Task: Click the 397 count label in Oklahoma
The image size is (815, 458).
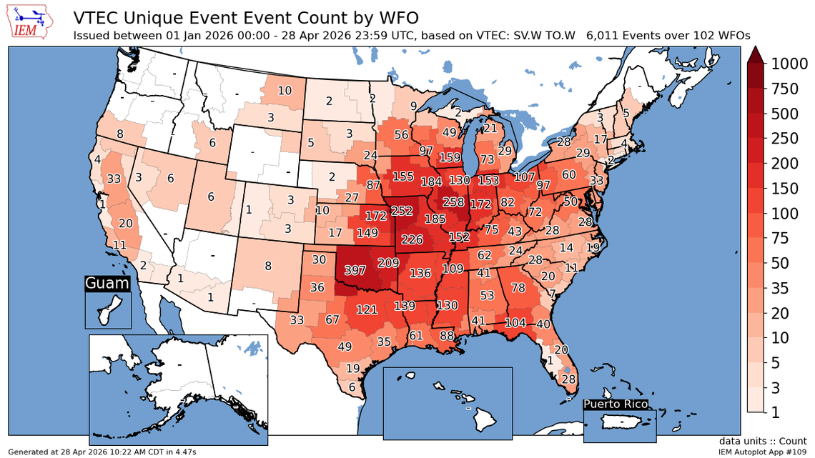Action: point(355,271)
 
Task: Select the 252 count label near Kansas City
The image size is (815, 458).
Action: point(402,211)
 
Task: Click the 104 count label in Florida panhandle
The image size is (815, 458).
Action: point(518,323)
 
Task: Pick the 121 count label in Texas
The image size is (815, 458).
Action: point(367,309)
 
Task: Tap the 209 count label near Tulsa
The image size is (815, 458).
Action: point(387,262)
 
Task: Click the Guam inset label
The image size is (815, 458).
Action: point(107,284)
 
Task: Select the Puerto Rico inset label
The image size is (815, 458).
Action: point(616,404)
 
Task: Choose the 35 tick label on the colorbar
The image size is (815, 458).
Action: point(779,288)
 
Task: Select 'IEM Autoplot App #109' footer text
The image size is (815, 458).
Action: point(765,452)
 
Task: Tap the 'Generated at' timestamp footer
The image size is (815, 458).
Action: point(100,452)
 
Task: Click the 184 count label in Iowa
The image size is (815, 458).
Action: point(431,182)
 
